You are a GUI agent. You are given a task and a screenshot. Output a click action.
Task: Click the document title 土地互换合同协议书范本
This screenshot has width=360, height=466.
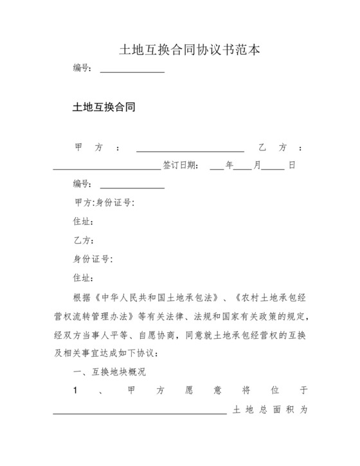(x=180, y=49)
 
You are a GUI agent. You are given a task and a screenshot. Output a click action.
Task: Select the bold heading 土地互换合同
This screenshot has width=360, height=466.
(x=104, y=107)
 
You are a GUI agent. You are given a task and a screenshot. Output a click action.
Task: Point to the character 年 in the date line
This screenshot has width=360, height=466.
(x=229, y=165)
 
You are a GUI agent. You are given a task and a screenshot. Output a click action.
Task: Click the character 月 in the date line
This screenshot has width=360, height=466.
(x=256, y=165)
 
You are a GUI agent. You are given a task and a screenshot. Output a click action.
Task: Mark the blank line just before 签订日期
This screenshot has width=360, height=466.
(x=106, y=168)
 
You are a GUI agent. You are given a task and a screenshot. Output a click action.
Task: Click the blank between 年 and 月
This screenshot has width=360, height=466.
(x=242, y=168)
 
